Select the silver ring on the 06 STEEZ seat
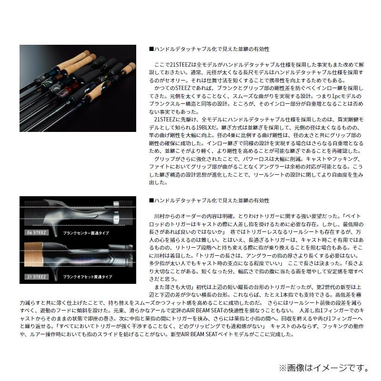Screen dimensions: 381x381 coord(116,210)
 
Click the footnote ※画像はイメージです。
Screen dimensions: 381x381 coord(323,367)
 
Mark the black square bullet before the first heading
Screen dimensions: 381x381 coord(151,49)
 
